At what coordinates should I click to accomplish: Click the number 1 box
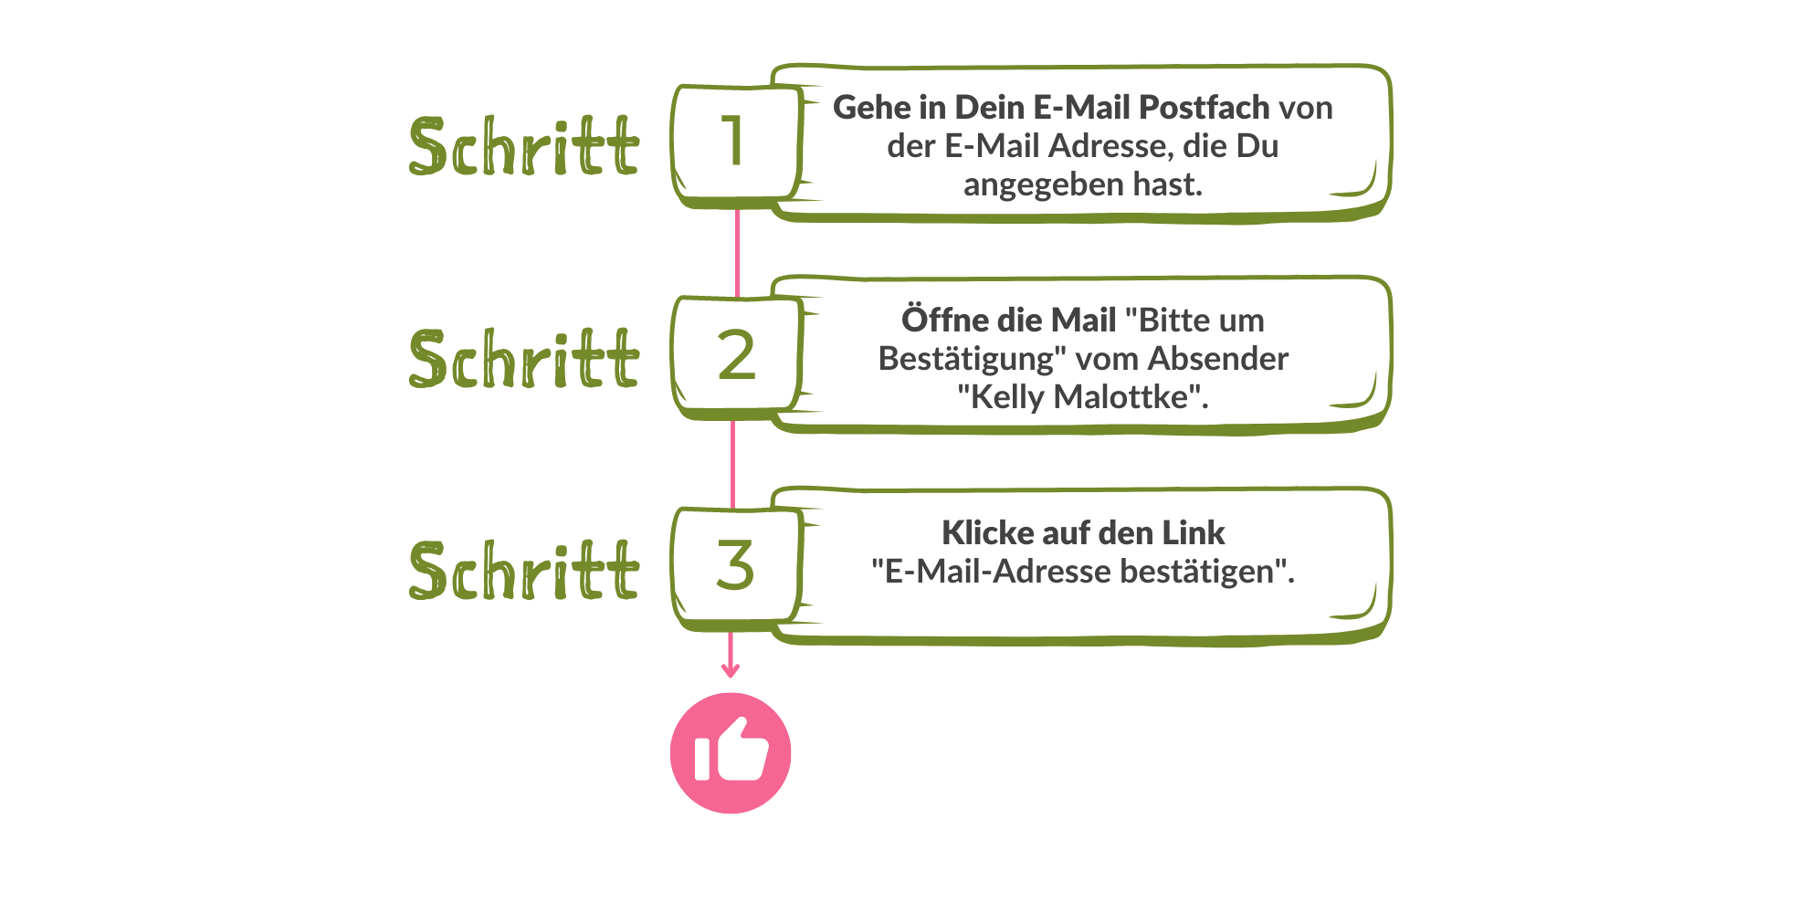coord(735,142)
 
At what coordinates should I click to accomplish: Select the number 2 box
coord(735,355)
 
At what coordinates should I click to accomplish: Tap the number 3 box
coord(735,566)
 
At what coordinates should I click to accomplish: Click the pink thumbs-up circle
coord(731,752)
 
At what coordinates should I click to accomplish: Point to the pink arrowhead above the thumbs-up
coord(730,671)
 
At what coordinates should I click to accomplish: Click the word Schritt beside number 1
coord(523,146)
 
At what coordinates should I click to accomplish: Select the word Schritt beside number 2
coord(523,358)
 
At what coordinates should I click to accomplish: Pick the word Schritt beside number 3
coord(523,571)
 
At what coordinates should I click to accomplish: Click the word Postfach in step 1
coord(1205,108)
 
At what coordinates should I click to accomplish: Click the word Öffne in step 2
coord(945,321)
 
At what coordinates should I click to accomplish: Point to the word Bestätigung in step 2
coord(970,359)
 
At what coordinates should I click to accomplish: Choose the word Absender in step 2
coord(1217,359)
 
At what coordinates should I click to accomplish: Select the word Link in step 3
coord(1193,532)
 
